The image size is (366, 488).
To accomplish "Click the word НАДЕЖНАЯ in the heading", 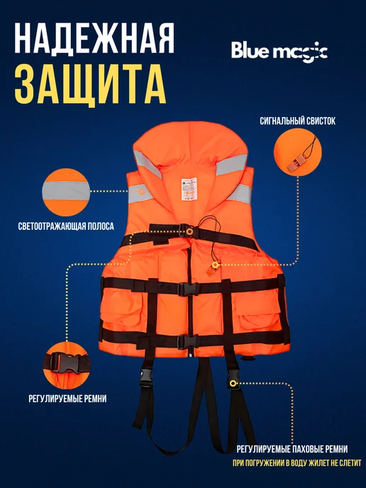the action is tap(94, 39).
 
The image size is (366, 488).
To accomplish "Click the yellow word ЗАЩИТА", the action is tap(90, 84).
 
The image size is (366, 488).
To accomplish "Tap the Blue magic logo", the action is tap(279, 51).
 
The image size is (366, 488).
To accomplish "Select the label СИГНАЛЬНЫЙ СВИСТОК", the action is tap(297, 121).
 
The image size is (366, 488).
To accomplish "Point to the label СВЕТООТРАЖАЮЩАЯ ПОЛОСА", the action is tap(66, 226).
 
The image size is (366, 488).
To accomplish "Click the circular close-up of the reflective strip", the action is tap(66, 192).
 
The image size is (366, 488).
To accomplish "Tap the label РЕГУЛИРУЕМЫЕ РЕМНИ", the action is tap(67, 399).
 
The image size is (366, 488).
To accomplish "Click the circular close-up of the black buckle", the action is tap(67, 365).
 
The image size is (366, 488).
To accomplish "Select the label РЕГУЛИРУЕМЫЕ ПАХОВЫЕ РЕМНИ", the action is tap(292, 449).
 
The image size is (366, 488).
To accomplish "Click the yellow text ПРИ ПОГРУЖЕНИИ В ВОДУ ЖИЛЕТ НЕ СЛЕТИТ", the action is tap(297, 463).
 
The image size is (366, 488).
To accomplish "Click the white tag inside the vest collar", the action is tap(189, 189).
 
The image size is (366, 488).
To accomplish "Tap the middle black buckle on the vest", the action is tap(188, 289).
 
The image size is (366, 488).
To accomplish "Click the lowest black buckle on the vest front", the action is tap(188, 342).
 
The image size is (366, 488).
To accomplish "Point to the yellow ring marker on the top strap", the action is tap(189, 231).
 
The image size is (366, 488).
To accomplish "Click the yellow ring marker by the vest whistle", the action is tap(215, 265).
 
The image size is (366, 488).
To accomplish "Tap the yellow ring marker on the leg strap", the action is tap(233, 383).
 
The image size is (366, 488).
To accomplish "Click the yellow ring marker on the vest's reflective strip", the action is tap(141, 191).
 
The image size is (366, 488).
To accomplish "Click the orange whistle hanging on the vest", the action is tap(211, 272).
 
